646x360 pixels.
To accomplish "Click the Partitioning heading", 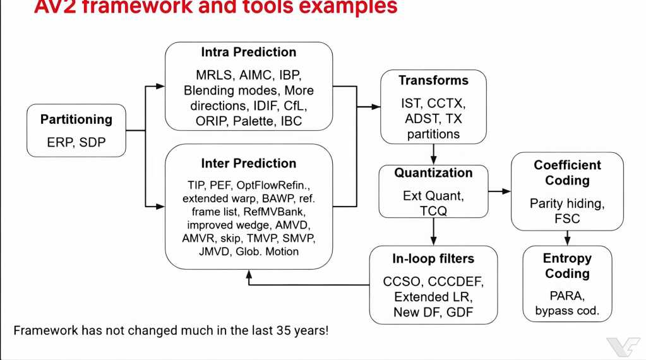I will pyautogui.click(x=76, y=119).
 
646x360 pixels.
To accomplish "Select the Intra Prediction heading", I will pyautogui.click(x=248, y=52).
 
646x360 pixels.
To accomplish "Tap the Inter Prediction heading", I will pyautogui.click(x=248, y=163).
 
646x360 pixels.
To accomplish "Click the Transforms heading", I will pyautogui.click(x=433, y=80).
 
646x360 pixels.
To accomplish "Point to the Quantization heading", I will pyautogui.click(x=433, y=172).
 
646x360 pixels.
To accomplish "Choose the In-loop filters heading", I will pyautogui.click(x=433, y=258).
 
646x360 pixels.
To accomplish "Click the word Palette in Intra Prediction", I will pyautogui.click(x=253, y=121).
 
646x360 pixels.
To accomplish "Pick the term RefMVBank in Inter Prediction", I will pyautogui.click(x=280, y=212).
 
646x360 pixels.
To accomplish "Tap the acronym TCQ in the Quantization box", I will pyautogui.click(x=433, y=211).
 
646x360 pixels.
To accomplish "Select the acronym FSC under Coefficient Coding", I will pyautogui.click(x=566, y=219).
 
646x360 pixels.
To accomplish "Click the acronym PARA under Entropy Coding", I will pyautogui.click(x=566, y=296).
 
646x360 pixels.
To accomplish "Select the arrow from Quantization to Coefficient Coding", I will pyautogui.click(x=499, y=190).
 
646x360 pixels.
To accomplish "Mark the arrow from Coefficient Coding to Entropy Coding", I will pyautogui.click(x=566, y=237).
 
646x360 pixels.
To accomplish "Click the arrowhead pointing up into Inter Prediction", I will pyautogui.click(x=248, y=273).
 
